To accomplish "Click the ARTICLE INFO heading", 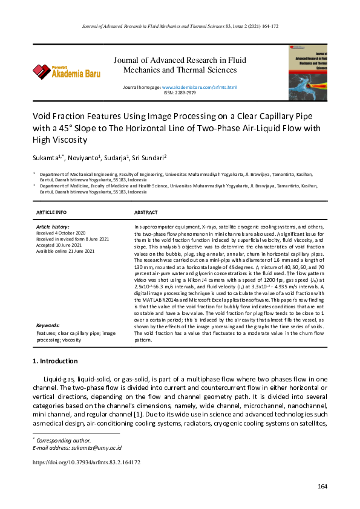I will [51, 212].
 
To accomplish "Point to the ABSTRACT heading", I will [146, 212].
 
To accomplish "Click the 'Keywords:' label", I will [48, 325].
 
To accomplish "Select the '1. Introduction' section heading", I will [54, 361].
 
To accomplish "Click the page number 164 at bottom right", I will [322, 487].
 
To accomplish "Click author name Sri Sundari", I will [148, 158].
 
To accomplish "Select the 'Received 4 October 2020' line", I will [61, 233].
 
